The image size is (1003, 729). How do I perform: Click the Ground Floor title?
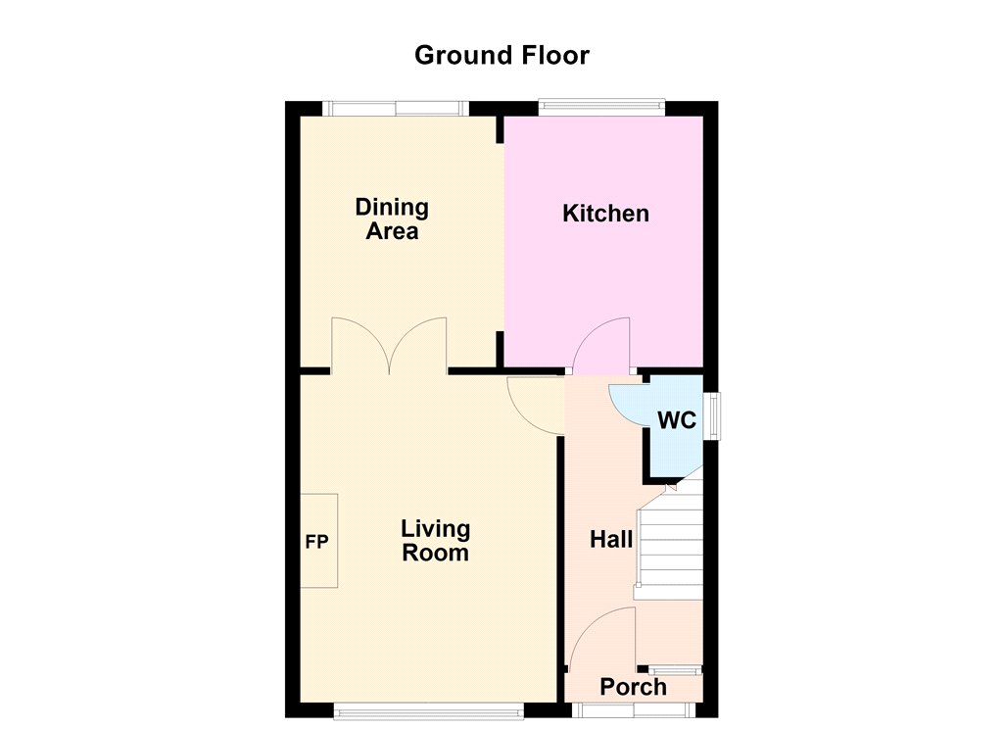[501, 56]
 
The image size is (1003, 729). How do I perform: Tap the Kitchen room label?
[605, 214]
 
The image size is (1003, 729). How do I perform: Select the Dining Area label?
[392, 219]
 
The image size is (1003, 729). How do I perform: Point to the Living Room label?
[435, 541]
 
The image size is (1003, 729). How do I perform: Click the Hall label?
[611, 540]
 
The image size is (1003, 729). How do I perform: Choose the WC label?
[677, 420]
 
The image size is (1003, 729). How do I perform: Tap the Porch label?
[634, 688]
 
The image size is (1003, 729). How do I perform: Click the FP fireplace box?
[319, 541]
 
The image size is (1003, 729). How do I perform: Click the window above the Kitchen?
[602, 107]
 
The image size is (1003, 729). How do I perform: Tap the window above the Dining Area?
[396, 108]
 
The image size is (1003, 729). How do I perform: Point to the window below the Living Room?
[429, 710]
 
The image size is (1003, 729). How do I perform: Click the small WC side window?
[711, 415]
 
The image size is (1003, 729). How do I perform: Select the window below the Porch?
[634, 710]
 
